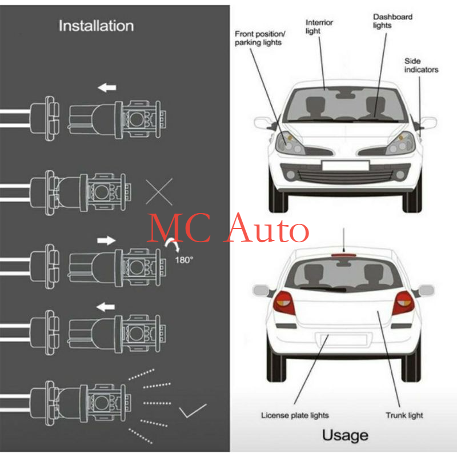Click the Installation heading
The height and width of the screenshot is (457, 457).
click(96, 26)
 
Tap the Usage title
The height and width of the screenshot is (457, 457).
click(345, 435)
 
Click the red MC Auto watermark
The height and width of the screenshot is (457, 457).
click(228, 228)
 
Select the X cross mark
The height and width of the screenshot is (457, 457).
click(159, 192)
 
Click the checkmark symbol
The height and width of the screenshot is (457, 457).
click(193, 411)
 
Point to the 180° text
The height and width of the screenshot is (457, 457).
click(184, 260)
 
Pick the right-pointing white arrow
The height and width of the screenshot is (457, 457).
click(106, 240)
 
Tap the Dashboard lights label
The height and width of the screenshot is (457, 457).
click(392, 21)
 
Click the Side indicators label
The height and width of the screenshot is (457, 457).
click(421, 65)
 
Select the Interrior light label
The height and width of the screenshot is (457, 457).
click(319, 26)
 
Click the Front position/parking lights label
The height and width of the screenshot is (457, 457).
click(260, 38)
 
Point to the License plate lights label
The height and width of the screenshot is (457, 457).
click(295, 415)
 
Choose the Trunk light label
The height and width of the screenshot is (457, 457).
click(404, 415)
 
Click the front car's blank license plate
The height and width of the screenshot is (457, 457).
click(346, 166)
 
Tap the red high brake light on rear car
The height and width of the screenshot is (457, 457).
click(344, 255)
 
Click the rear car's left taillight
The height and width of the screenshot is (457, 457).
click(284, 303)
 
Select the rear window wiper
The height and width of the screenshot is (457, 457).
click(323, 289)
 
